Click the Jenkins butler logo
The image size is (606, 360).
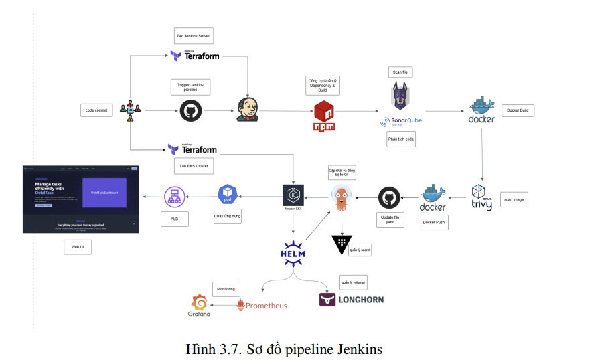coord(247,110)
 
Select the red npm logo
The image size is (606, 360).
coord(324,116)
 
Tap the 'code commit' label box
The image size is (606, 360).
coord(96,110)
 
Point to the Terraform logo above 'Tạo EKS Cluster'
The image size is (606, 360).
coord(192,149)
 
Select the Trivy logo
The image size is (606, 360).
coord(481,198)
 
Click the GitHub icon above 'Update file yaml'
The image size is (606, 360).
coord(390,198)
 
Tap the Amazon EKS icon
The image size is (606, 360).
coord(293,196)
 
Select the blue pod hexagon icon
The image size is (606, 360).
coord(228,195)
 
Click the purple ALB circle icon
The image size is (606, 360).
coord(175,196)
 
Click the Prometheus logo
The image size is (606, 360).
coord(262,305)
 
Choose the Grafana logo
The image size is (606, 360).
coord(200,305)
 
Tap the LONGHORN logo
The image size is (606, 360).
coord(352,299)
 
